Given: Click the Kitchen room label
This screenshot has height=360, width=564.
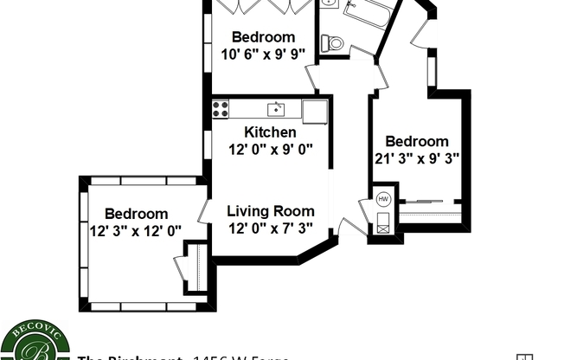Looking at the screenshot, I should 270,132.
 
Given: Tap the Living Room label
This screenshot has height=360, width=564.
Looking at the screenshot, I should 270,211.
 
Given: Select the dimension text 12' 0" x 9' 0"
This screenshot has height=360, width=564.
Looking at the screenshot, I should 270,149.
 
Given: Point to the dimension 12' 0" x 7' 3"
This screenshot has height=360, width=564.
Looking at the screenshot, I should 270,228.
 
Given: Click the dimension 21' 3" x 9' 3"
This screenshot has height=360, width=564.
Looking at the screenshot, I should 417,158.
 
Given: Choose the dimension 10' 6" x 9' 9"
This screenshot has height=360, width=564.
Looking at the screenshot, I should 263,55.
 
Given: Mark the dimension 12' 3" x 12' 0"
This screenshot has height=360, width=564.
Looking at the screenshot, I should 136,230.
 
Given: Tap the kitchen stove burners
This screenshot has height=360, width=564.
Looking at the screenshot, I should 221,109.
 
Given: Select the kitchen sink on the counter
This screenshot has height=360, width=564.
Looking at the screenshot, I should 276,109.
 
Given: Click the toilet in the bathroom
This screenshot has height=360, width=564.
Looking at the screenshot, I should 332,42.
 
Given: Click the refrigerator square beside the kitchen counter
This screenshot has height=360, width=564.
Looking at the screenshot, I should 315,112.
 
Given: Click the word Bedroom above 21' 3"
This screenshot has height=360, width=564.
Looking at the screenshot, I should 417,142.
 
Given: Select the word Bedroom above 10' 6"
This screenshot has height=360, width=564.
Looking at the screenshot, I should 263,37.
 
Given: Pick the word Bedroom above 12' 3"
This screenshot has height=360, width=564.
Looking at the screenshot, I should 136,214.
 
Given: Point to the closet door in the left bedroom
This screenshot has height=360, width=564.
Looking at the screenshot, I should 183,267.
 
